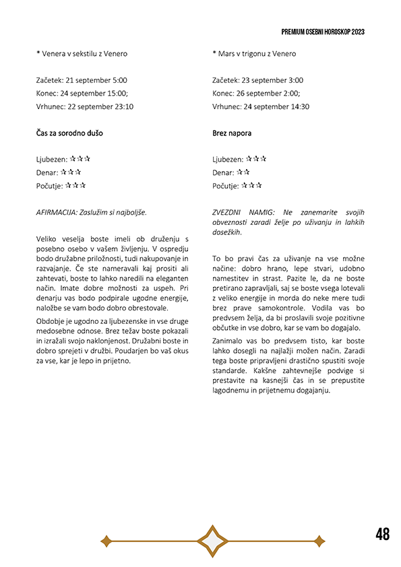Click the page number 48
coord(383,535)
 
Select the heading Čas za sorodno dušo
coord(69,133)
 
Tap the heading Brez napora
coord(232,133)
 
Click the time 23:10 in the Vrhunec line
coord(123,106)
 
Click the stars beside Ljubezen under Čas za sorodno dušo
coord(80,159)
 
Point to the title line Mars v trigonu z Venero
coord(254,54)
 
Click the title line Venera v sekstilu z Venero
coord(82,54)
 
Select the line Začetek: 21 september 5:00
coord(82,80)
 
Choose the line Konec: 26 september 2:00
coord(256,94)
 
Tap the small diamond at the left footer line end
coord(105,540)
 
